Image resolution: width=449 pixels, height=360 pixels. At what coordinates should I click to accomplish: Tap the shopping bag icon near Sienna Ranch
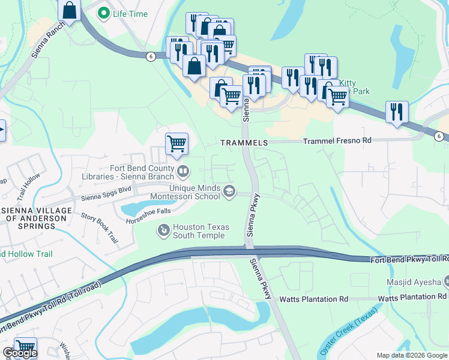point(70,11)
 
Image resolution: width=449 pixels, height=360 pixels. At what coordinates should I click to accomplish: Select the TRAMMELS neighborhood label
point(244,143)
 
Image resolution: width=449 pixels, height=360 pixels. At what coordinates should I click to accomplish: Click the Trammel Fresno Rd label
point(337,140)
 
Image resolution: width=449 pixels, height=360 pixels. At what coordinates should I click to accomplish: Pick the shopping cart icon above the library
point(176,144)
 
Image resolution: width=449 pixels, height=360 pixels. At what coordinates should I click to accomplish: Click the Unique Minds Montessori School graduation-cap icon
point(229,191)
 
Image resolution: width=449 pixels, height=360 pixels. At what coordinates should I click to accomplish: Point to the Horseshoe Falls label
point(148,221)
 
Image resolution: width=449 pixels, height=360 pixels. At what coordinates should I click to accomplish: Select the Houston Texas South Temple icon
point(163,230)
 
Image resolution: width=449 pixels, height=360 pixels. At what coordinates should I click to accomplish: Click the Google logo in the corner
point(19,353)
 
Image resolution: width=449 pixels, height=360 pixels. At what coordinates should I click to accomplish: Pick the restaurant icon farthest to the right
point(397,112)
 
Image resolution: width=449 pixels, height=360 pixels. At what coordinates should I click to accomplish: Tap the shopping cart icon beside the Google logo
point(25,347)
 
